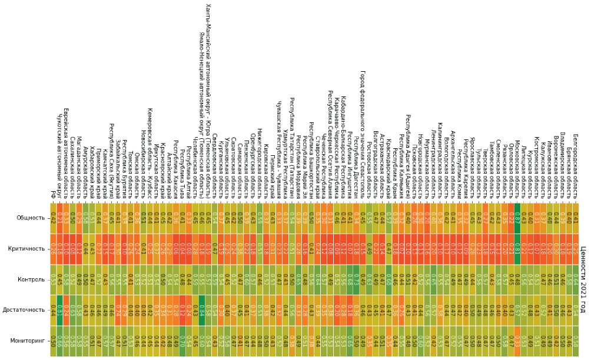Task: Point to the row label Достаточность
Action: pos(24,310)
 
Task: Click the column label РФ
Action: pos(53,195)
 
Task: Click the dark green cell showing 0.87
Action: pos(517,218)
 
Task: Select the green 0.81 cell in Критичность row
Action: pos(517,249)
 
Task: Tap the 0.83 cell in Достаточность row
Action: pos(59,310)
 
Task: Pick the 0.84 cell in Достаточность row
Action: pos(201,310)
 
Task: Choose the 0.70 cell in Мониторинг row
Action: pos(182,341)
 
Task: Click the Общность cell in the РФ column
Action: pos(53,218)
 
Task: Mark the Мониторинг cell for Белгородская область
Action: pos(575,341)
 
